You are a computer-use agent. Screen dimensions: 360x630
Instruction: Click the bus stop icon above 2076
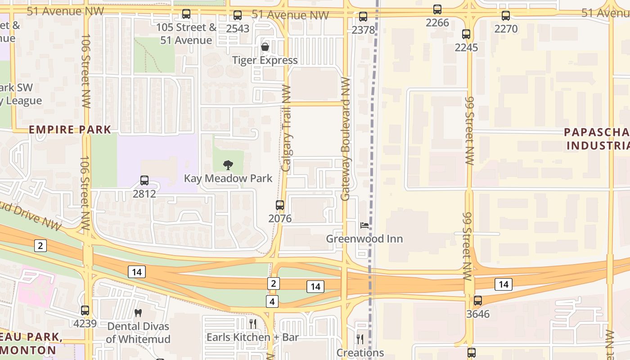click(x=280, y=205)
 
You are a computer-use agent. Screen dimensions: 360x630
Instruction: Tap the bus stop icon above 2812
click(x=144, y=180)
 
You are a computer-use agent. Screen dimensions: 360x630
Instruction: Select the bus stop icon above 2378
click(x=363, y=17)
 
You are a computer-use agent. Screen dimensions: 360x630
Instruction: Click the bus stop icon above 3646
click(x=478, y=301)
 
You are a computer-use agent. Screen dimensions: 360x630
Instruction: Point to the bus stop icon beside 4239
click(x=85, y=310)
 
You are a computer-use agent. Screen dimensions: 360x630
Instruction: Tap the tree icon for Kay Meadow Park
click(x=228, y=165)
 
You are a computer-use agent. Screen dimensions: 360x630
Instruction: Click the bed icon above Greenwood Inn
click(x=364, y=225)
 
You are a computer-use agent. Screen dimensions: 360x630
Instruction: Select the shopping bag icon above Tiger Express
click(x=265, y=47)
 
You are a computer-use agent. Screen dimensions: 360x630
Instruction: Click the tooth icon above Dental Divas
click(x=138, y=312)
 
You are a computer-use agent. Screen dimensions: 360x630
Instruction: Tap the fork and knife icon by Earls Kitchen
click(x=253, y=324)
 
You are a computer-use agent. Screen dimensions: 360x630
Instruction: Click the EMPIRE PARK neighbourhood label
click(x=70, y=130)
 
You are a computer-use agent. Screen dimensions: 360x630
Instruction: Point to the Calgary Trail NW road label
click(x=286, y=128)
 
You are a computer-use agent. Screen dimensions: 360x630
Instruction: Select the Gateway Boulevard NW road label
click(x=346, y=139)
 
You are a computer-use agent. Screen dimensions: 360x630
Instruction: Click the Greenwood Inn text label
click(x=364, y=238)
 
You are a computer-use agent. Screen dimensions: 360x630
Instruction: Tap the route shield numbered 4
click(x=272, y=301)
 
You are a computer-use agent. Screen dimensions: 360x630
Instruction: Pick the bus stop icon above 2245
click(x=466, y=34)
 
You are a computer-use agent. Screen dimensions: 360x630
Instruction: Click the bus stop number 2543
click(x=238, y=28)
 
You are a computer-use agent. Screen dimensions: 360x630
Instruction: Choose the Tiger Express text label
click(x=265, y=60)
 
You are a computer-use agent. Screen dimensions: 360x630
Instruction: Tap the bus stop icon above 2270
click(x=506, y=16)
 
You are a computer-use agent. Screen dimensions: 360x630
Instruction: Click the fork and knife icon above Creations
click(x=360, y=339)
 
